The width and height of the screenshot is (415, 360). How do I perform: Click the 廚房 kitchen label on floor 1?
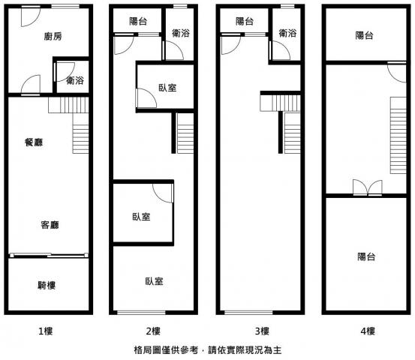pyautogui.click(x=53, y=36)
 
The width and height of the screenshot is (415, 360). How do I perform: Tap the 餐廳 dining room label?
pyautogui.click(x=34, y=142)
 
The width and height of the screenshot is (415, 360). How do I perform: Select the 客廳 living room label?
pyautogui.click(x=50, y=225)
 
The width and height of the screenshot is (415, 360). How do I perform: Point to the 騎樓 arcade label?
pyautogui.click(x=47, y=285)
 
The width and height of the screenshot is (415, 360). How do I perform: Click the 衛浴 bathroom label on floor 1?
pyautogui.click(x=75, y=80)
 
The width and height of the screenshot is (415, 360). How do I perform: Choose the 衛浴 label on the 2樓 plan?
pyautogui.click(x=181, y=33)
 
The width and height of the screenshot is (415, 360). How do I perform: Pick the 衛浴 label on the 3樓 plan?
pyautogui.click(x=287, y=33)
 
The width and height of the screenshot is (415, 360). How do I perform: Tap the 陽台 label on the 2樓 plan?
pyautogui.click(x=138, y=21)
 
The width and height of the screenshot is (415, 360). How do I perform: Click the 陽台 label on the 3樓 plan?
pyautogui.click(x=245, y=21)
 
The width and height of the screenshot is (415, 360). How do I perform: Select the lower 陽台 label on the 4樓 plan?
pyautogui.click(x=366, y=256)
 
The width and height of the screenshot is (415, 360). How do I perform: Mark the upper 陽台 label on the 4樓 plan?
pyautogui.click(x=365, y=35)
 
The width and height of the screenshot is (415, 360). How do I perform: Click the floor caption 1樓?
pyautogui.click(x=46, y=331)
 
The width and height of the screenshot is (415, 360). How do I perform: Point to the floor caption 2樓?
pyautogui.click(x=153, y=331)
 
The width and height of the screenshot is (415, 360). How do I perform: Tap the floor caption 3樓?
pyautogui.click(x=262, y=331)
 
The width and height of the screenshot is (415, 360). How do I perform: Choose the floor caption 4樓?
pyautogui.click(x=368, y=331)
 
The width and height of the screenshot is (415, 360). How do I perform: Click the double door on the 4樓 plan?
pyautogui.click(x=368, y=188)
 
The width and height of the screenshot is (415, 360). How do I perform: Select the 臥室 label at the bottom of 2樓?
pyautogui.click(x=155, y=281)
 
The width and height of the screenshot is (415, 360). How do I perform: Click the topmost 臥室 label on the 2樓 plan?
pyautogui.click(x=168, y=88)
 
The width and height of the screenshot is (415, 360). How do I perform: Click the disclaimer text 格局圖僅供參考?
pyautogui.click(x=166, y=350)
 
